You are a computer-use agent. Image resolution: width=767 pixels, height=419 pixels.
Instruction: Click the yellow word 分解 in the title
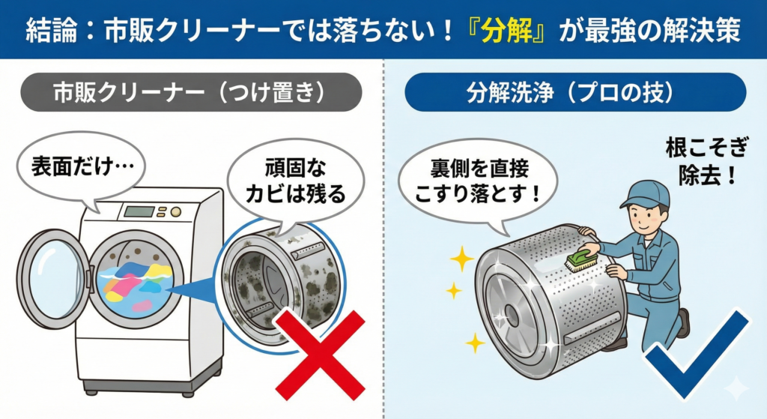pos(507,30)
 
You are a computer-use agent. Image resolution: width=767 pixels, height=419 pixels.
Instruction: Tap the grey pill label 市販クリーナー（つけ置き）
pos(191,92)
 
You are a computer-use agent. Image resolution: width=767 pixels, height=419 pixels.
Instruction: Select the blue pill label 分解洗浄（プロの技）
pos(575,92)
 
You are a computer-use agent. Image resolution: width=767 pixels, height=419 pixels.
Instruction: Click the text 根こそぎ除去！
pos(707,161)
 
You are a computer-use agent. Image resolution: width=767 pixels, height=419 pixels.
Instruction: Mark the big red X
pos(319,353)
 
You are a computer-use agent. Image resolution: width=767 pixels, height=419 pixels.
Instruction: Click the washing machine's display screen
pos(139,211)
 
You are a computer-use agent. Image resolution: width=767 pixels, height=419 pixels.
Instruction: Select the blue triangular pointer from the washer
pos(195,289)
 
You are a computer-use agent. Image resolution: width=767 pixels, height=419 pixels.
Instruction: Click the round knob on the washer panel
pos(175,212)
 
